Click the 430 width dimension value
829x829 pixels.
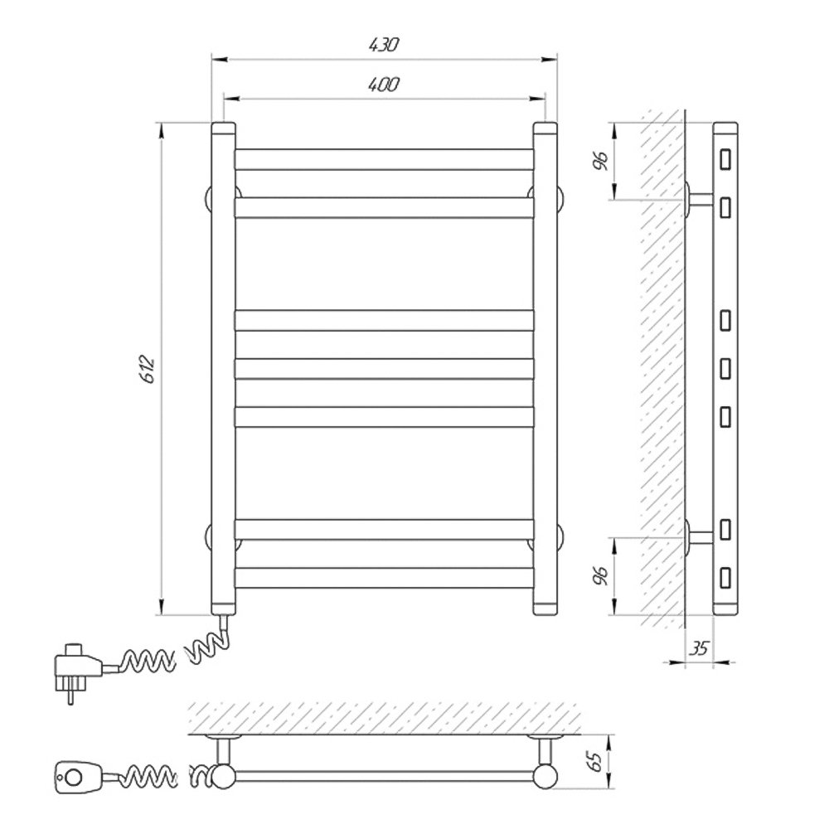[383, 45]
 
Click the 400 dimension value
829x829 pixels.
[383, 85]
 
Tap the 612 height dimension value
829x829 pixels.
[148, 369]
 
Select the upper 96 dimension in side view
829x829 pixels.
[601, 161]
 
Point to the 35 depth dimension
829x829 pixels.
[699, 648]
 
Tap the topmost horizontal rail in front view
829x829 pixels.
[385, 159]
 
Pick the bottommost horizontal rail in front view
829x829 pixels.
[385, 578]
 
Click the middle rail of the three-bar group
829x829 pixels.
[385, 369]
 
